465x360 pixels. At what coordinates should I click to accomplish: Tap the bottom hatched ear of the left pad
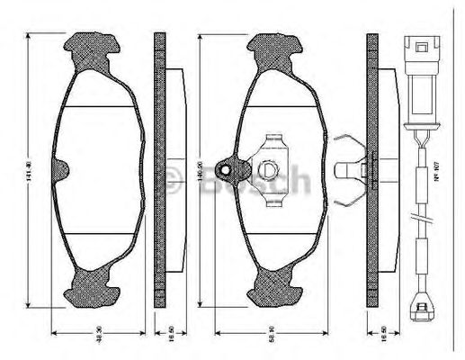(92, 287)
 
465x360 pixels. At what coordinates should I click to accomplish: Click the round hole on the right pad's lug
(229, 168)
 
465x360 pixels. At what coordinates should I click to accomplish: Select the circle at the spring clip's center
(269, 168)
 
